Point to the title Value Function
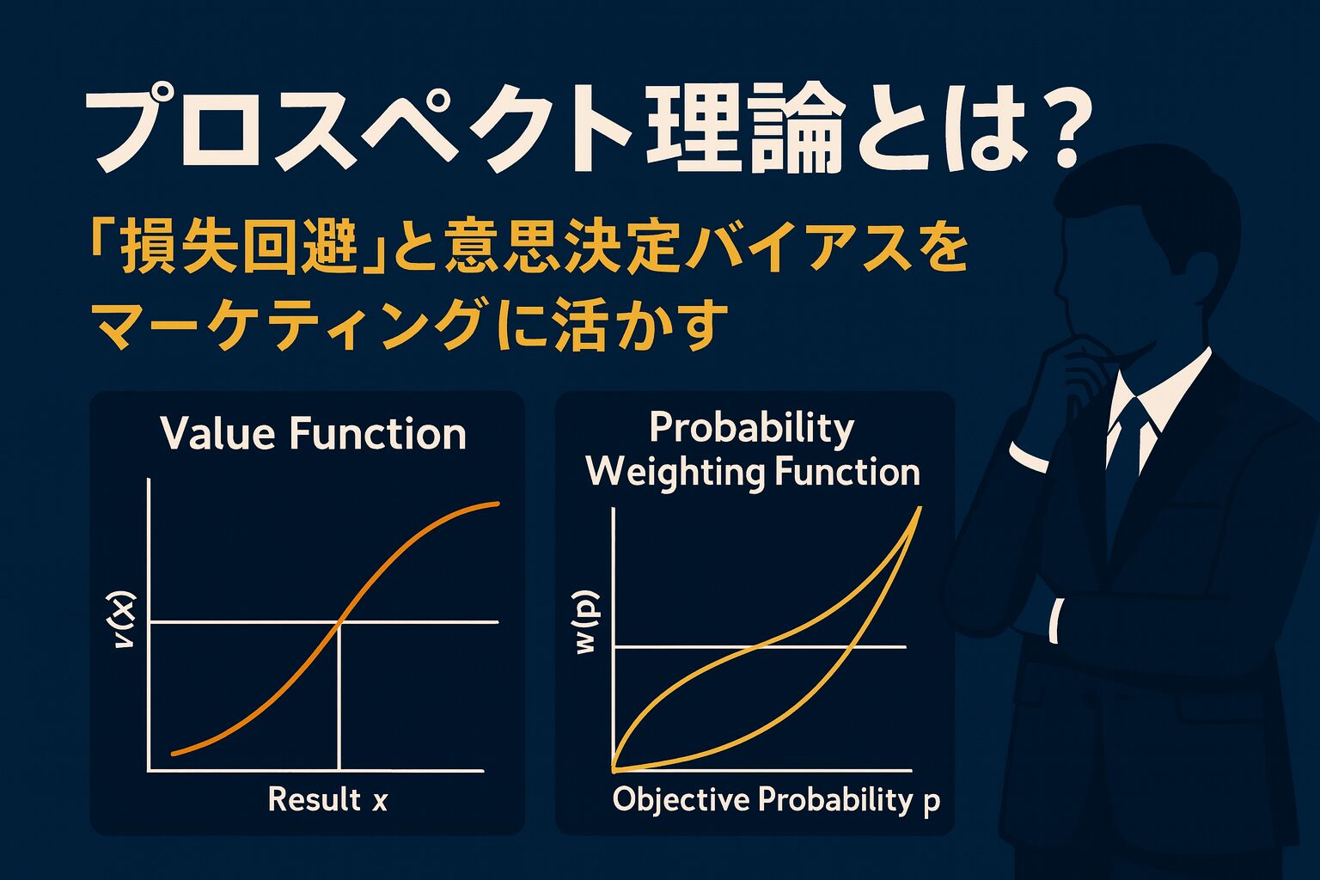point(314,433)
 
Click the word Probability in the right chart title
point(751,429)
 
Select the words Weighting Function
point(753,473)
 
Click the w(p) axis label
point(587,622)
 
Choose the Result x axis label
point(327,799)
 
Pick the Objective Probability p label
point(776,800)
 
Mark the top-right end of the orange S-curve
point(498,504)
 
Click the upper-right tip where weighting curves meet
point(920,508)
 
